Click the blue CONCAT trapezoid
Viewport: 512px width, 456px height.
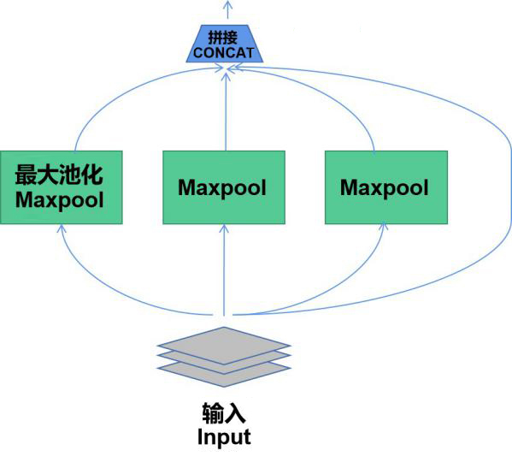point(225,44)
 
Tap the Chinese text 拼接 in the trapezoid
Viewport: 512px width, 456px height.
point(223,38)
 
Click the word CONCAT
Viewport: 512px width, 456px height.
point(223,53)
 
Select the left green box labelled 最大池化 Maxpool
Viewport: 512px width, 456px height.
point(62,187)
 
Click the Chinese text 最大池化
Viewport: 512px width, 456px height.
point(59,175)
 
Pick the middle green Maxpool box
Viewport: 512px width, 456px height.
point(224,187)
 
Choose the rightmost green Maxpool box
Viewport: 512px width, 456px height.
point(386,187)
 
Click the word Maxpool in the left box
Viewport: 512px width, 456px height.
point(60,199)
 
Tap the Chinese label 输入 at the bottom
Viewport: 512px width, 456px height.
point(224,413)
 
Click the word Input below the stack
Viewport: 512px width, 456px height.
point(224,437)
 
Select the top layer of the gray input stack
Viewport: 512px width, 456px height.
point(224,346)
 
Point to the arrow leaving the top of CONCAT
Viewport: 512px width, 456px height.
point(228,9)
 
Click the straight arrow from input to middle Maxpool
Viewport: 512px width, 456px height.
point(224,270)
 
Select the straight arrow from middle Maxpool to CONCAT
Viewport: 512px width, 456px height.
point(226,112)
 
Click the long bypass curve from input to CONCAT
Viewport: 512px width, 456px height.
point(509,183)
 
